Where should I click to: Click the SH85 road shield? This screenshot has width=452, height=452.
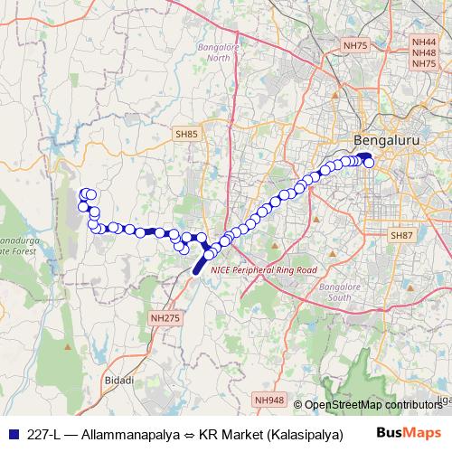click(x=187, y=134)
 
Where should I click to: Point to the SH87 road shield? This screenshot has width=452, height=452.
click(x=401, y=235)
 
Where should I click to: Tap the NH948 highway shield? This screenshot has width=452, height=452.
click(x=268, y=399)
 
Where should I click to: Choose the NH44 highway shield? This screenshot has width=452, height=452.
click(x=423, y=42)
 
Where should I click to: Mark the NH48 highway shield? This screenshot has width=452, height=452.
click(x=423, y=53)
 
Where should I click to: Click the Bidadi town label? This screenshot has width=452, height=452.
click(x=118, y=380)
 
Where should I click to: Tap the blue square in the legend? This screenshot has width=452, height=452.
click(x=11, y=433)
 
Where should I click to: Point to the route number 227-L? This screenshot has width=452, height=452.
click(x=43, y=433)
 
